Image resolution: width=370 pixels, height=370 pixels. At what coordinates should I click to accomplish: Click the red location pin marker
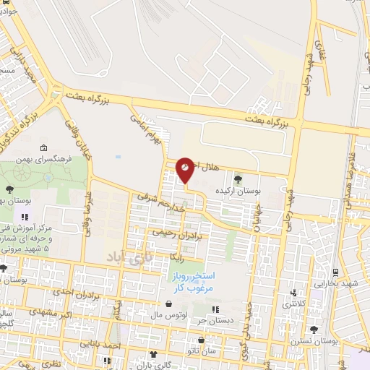(x=186, y=169)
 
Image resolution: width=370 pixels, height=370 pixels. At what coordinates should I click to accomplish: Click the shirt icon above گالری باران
(x=153, y=354)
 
